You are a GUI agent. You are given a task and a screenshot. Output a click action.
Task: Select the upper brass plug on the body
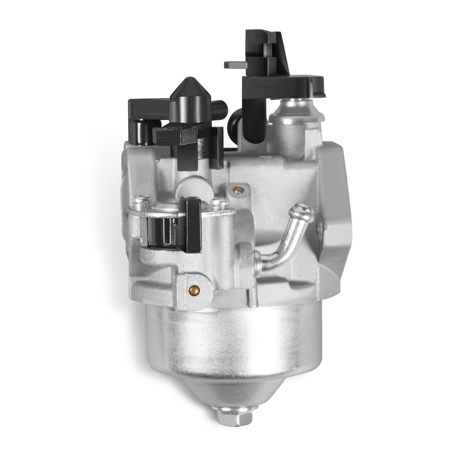point(239,190)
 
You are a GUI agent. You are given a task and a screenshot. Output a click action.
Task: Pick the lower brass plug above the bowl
point(194,290)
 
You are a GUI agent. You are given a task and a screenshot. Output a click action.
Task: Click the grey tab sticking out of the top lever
point(234,65)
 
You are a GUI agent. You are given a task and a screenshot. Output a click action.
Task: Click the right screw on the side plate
point(219,203)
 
